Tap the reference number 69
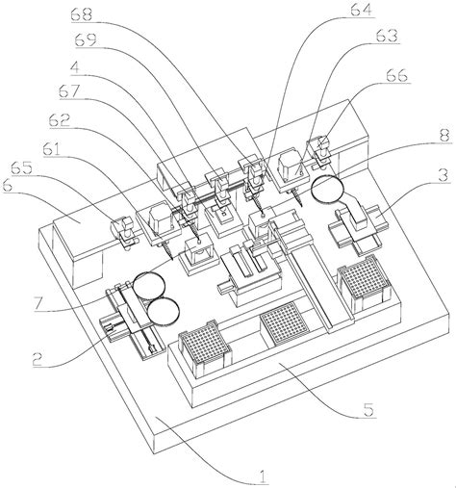[x=86, y=40]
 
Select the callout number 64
[x=362, y=10]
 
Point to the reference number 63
[x=387, y=36]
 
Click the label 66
[x=397, y=76]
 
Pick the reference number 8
[x=444, y=136]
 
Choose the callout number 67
[x=69, y=91]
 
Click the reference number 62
[x=60, y=120]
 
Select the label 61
[x=52, y=149]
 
